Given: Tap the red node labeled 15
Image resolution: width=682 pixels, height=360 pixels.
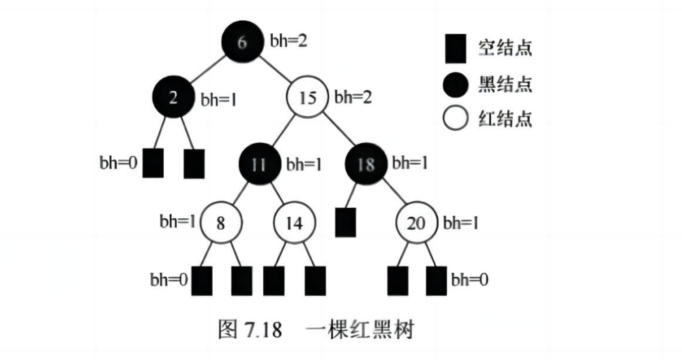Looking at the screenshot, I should tap(308, 98).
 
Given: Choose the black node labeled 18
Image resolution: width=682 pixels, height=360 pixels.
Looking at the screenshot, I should tap(367, 165).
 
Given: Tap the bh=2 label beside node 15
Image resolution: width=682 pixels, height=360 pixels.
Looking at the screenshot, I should tap(353, 97).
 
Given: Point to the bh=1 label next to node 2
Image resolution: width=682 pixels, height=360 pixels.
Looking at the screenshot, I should tap(218, 98).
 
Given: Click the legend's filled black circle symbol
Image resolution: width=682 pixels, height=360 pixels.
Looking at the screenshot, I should tap(455, 84).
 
